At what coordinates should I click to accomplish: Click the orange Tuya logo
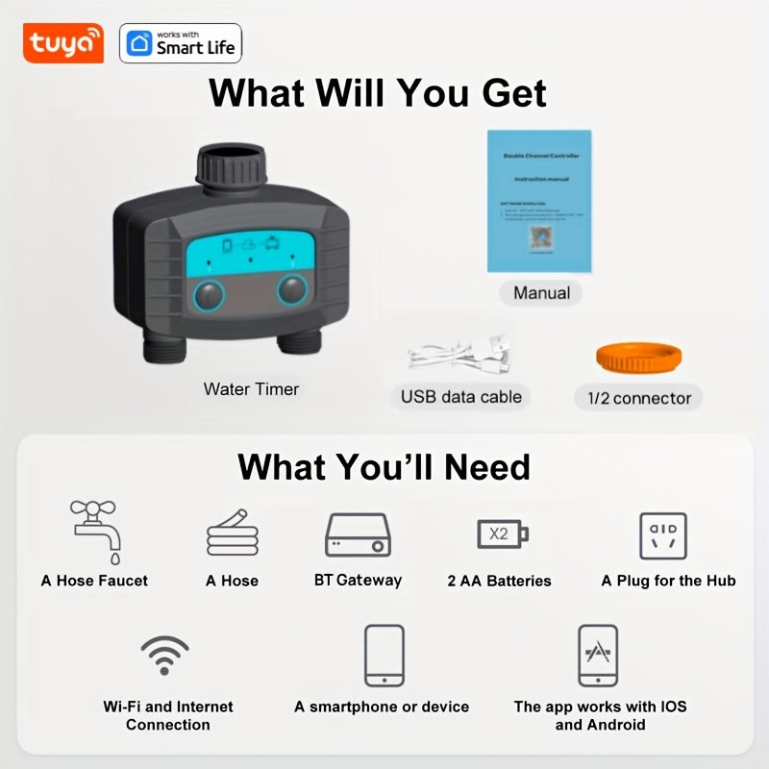coord(62,43)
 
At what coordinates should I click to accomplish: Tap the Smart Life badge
coord(181,43)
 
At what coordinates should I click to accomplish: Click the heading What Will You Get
coord(378,93)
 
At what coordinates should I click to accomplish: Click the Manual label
coord(541,293)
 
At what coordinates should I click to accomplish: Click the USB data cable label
coord(460,396)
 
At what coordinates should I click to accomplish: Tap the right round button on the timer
coord(293,290)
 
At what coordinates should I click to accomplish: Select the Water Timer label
coord(251,389)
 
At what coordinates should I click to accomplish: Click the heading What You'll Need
coord(384,466)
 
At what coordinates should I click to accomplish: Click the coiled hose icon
coord(232,534)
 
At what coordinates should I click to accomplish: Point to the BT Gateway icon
coord(358,534)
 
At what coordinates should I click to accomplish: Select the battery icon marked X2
coord(501,533)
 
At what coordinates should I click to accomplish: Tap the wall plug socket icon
coord(663,534)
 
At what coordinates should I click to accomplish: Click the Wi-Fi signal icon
coord(164,655)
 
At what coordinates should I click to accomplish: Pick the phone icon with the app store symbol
coord(598,655)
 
